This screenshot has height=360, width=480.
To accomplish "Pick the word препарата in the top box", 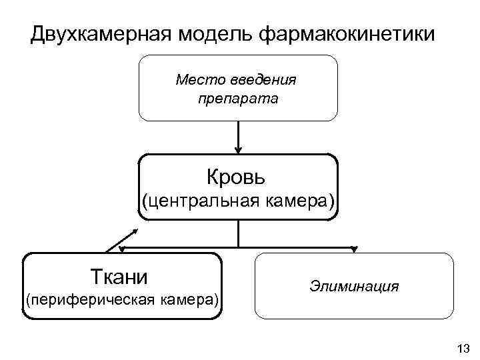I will [238, 99].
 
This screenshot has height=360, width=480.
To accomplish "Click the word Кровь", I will [237, 177].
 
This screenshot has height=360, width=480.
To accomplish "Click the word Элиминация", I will [354, 287].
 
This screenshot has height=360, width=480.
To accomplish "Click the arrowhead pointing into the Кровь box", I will [238, 150].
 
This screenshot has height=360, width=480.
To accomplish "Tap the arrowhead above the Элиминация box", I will [354, 250].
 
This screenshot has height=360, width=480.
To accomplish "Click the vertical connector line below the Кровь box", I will [238, 233].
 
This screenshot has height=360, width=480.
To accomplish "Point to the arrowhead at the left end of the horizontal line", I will [123, 249].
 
